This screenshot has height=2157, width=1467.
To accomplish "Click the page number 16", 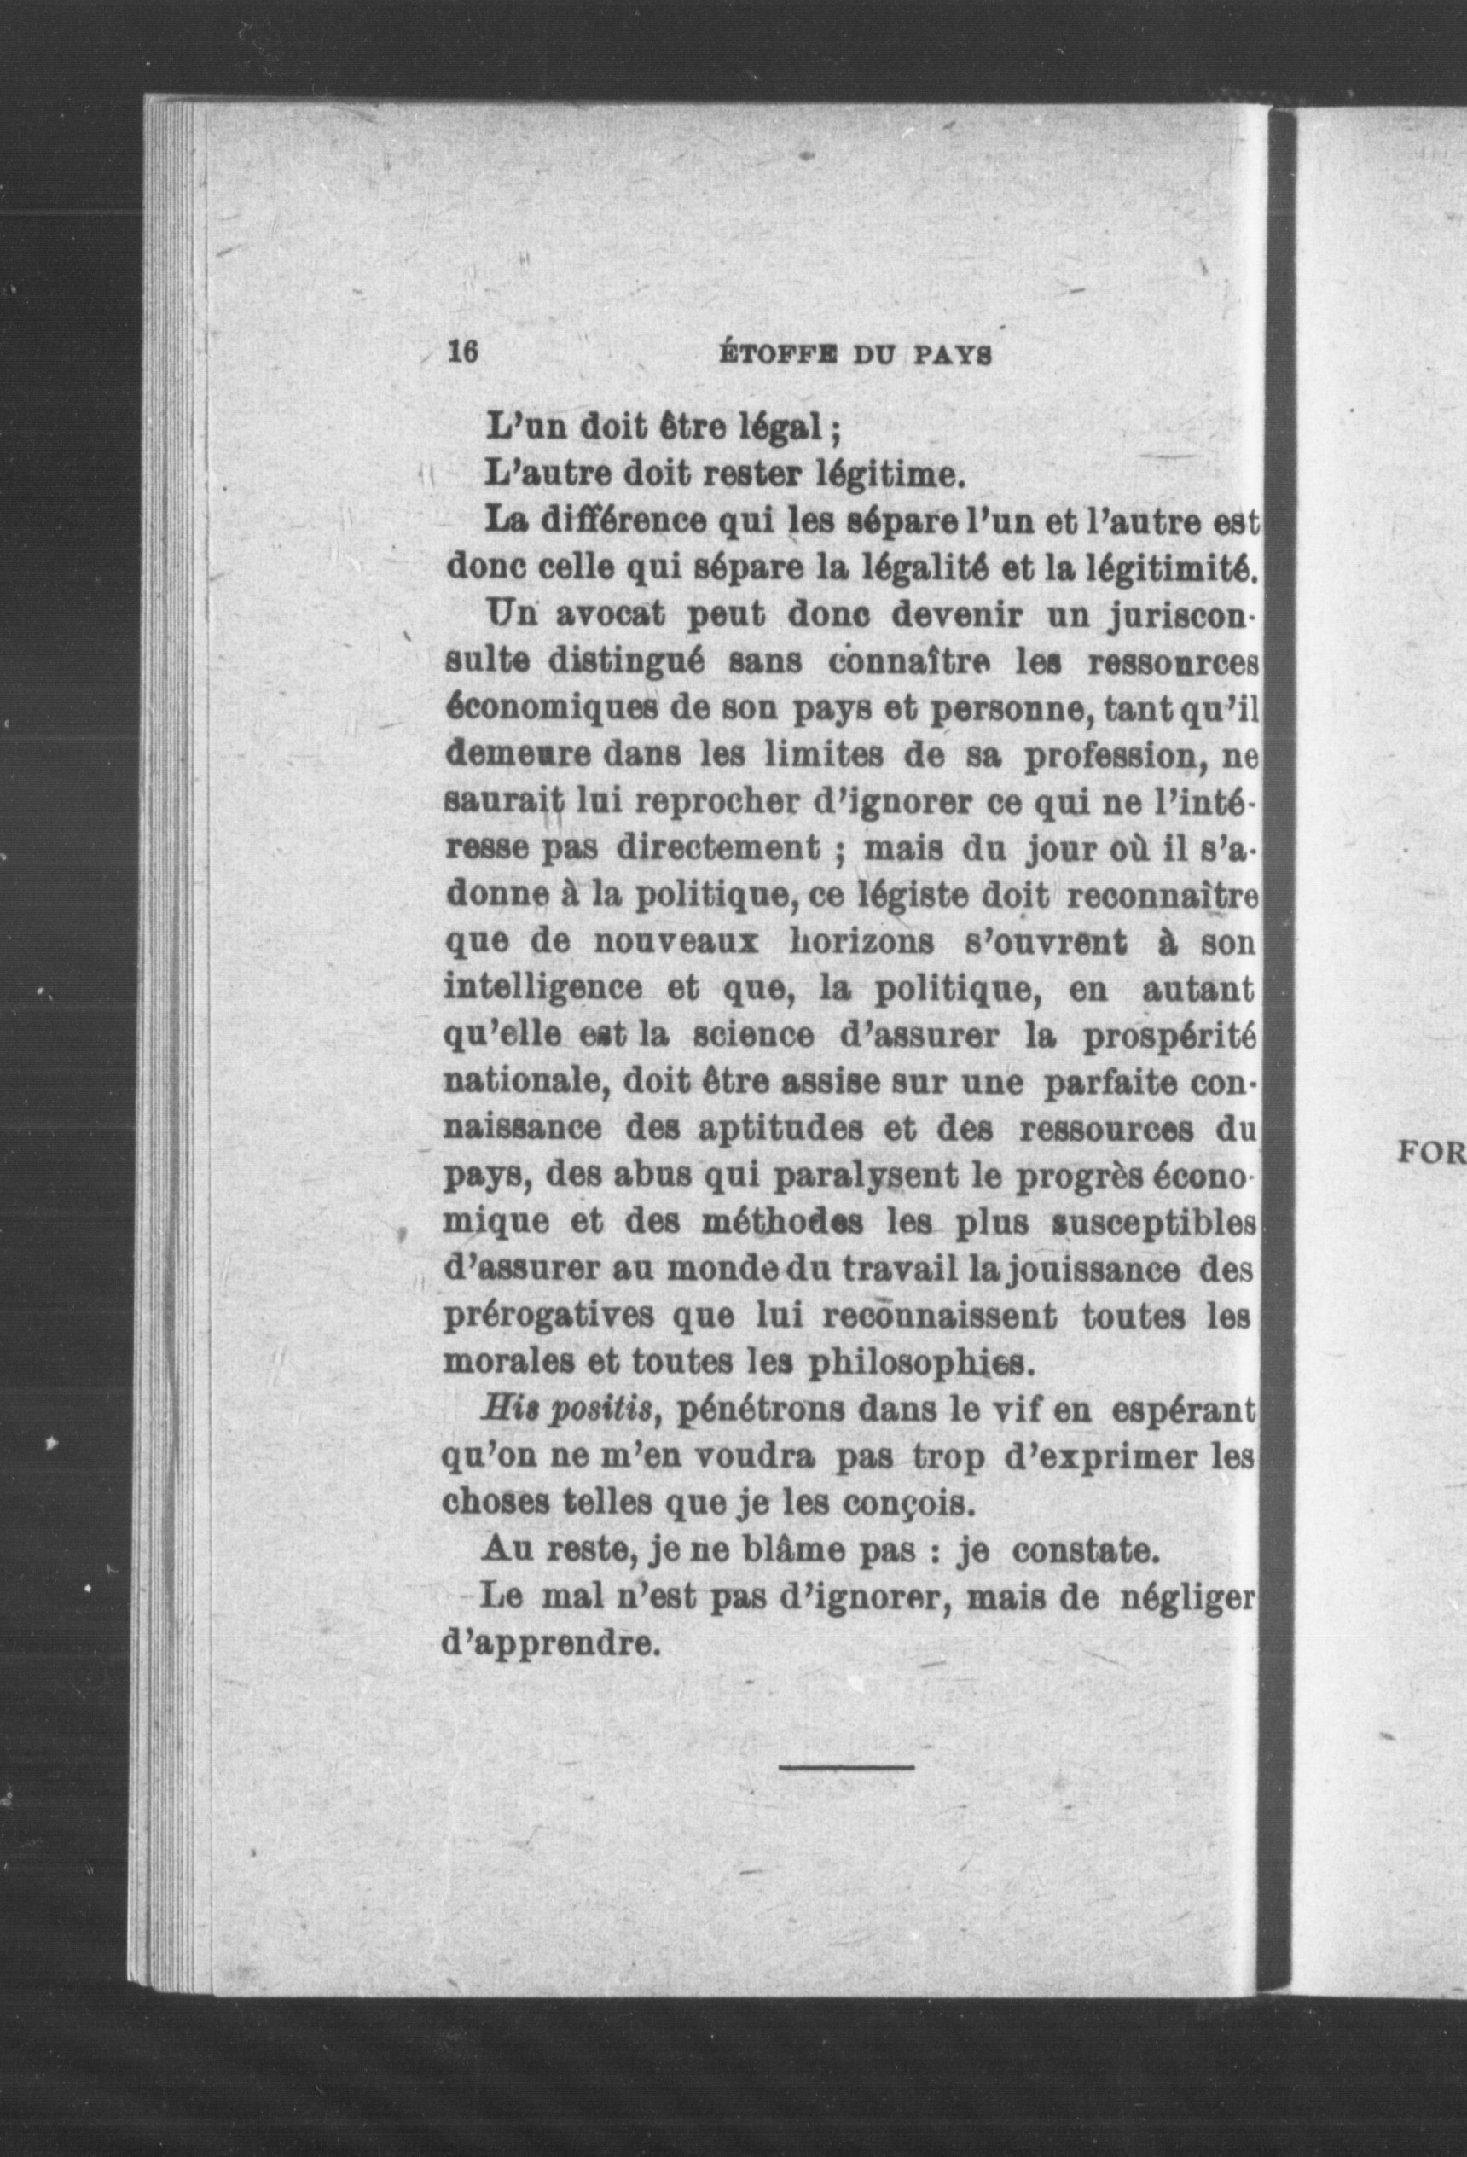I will point(462,353).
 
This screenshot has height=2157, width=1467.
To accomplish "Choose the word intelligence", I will point(542,990).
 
